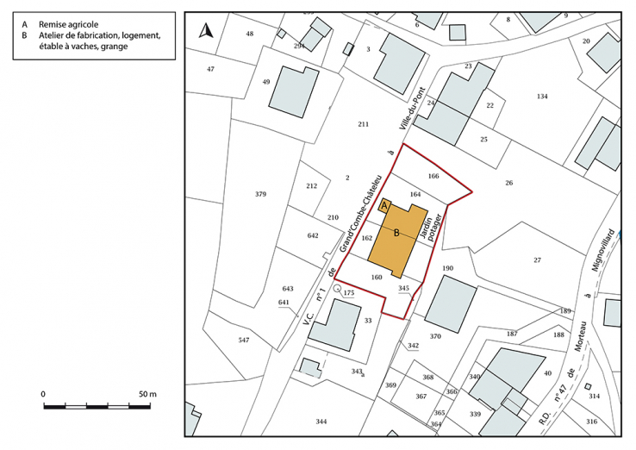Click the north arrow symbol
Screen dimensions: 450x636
pyautogui.click(x=205, y=32)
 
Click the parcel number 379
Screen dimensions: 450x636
pyautogui.click(x=260, y=194)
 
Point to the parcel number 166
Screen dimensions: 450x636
pyautogui.click(x=433, y=176)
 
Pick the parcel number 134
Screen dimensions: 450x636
pyautogui.click(x=542, y=96)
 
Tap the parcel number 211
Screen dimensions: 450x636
pyautogui.click(x=364, y=124)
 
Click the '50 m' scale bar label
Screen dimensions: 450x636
pyautogui.click(x=147, y=394)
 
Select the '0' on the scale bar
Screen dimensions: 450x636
pyautogui.click(x=43, y=394)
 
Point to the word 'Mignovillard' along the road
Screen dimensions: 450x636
pyautogui.click(x=611, y=252)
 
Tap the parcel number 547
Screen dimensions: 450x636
pyautogui.click(x=244, y=341)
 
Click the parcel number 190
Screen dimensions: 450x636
pyautogui.click(x=447, y=269)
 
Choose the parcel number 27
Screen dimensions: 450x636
pyautogui.click(x=537, y=259)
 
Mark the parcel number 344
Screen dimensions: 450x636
pyautogui.click(x=321, y=421)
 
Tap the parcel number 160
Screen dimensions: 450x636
pyautogui.click(x=376, y=277)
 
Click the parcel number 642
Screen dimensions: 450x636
pyautogui.click(x=313, y=235)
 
